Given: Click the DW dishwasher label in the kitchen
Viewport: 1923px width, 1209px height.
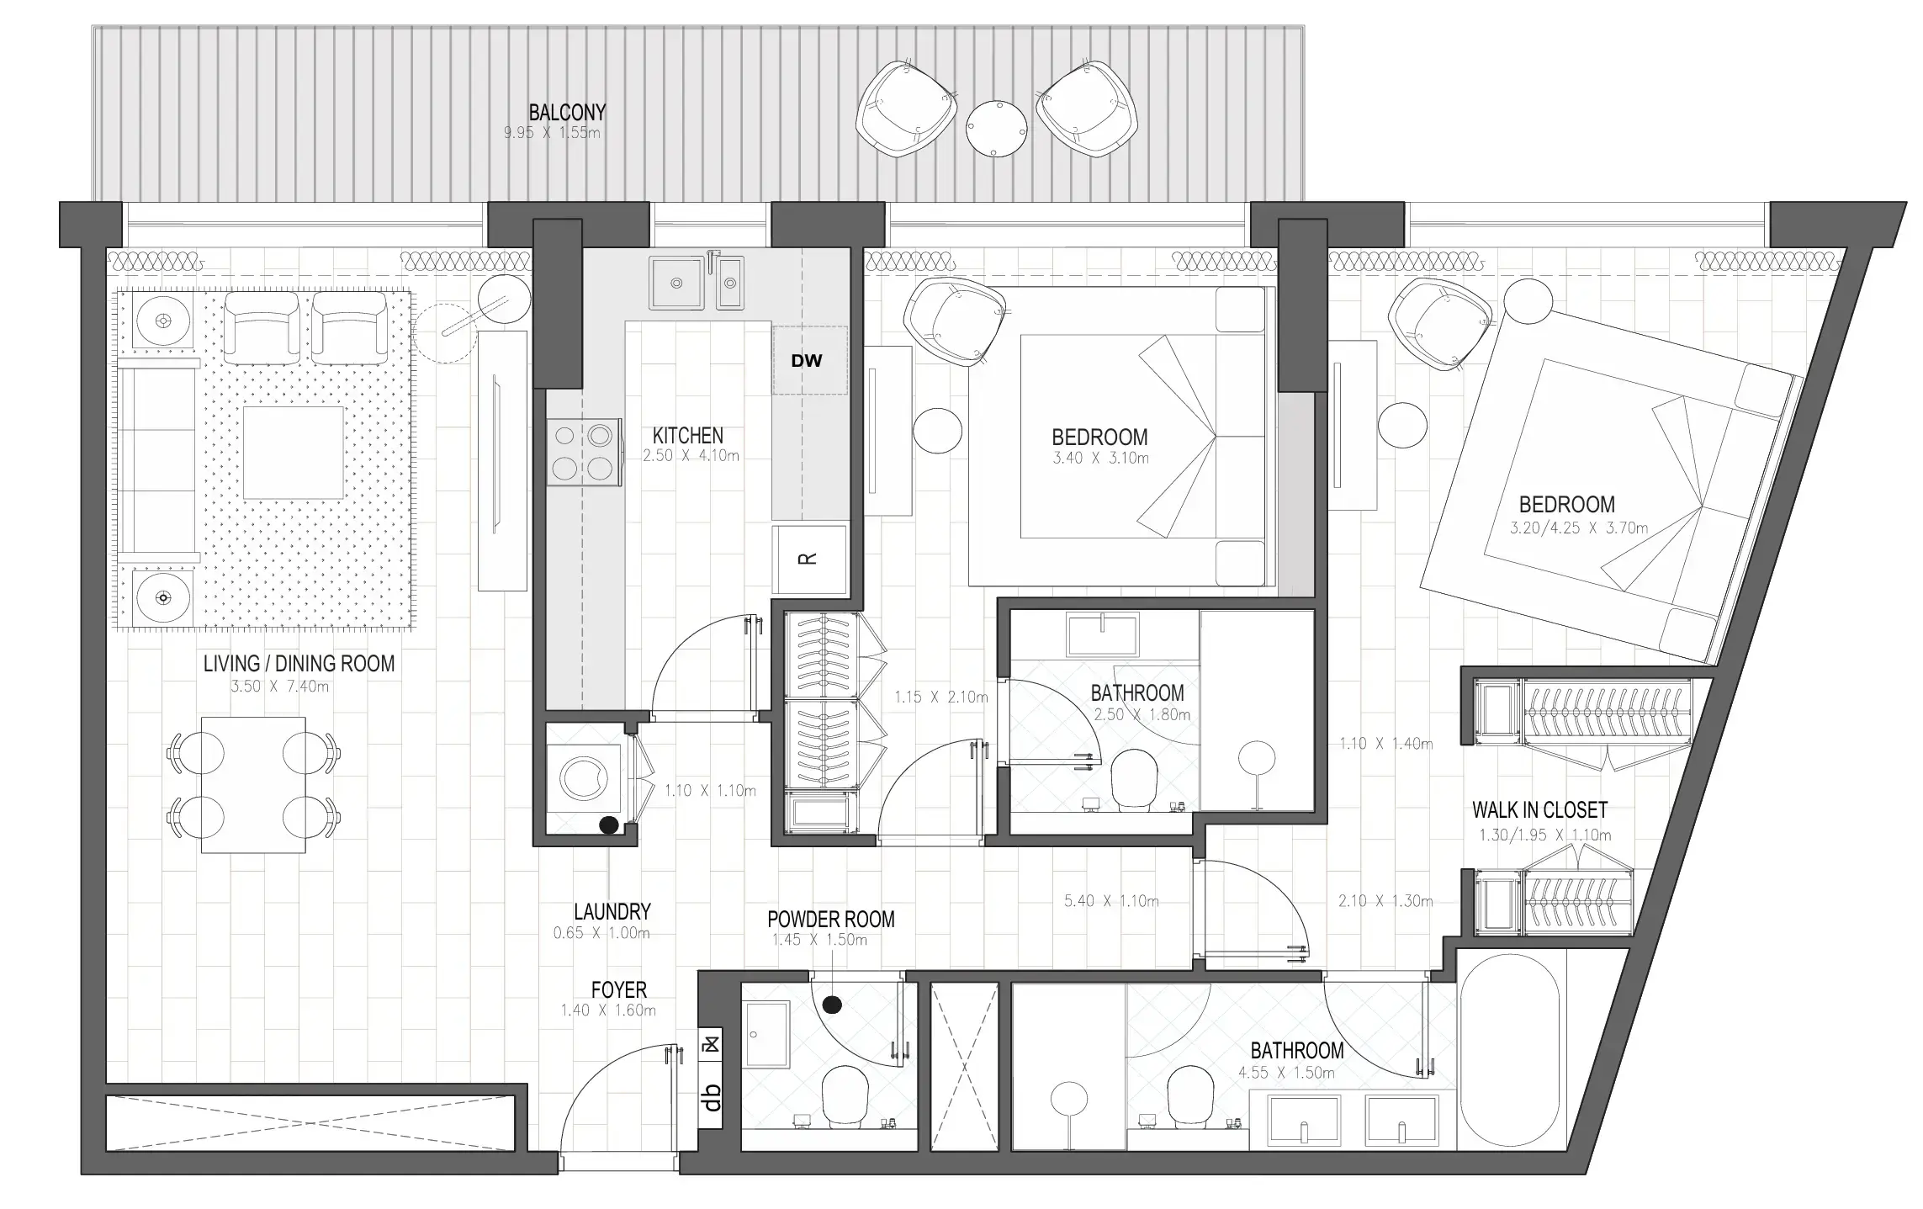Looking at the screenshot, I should coord(806,361).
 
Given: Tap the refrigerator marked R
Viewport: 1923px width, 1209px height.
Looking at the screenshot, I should coord(808,559).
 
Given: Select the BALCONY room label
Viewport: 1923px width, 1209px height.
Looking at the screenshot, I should coord(567,112).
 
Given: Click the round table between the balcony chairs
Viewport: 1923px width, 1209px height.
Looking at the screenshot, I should coord(996,128).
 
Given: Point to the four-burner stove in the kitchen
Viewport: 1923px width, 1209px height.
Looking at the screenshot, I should coord(582,452).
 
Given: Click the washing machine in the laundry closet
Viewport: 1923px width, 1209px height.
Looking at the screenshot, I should coord(584,777).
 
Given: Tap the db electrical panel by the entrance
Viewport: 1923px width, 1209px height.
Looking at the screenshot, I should coord(712,1097).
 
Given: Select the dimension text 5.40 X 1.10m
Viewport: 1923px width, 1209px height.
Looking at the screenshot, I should coord(1110,901).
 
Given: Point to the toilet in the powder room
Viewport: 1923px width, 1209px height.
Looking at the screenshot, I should coord(844,1096).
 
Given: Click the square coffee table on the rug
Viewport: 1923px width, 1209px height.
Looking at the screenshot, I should coord(294,453).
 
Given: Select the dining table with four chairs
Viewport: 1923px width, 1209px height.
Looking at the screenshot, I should coord(253,784).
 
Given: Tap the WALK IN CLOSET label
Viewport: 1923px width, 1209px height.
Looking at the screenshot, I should coord(1539,810).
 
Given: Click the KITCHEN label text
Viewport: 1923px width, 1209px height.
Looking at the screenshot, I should coord(687,436).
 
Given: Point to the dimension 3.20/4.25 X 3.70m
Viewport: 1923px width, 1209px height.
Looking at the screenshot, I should coord(1578,528).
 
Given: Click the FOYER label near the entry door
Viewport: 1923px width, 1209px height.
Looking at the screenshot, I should coord(618,990).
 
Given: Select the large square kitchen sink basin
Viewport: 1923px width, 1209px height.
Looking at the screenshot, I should coord(676,284).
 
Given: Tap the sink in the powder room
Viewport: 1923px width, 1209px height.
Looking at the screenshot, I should coord(766,1034).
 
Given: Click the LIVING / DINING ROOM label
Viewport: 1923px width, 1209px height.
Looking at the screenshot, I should coord(299,664).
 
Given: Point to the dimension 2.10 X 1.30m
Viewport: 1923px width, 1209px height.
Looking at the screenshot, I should coord(1385,901).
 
